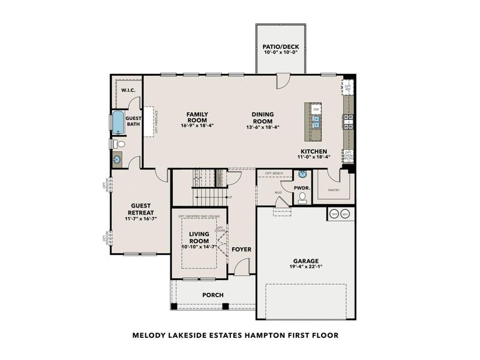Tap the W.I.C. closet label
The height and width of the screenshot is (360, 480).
click(x=127, y=90)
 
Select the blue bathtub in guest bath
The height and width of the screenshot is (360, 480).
click(x=118, y=123)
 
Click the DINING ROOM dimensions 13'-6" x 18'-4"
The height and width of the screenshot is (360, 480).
click(x=262, y=127)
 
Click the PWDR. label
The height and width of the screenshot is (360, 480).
click(x=301, y=188)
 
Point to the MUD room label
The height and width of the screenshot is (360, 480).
click(x=278, y=193)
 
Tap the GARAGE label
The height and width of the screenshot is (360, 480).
click(x=306, y=261)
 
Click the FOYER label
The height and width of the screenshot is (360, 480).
click(x=241, y=249)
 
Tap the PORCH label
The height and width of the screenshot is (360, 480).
click(x=212, y=295)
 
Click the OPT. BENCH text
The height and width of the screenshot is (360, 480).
click(x=274, y=173)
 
